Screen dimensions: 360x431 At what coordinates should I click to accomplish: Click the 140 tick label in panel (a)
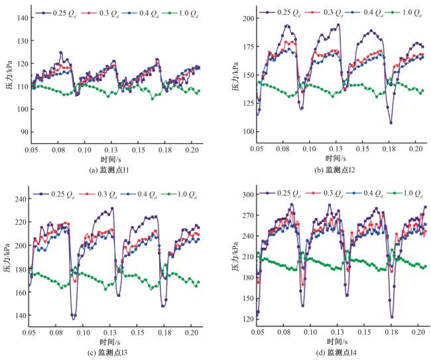click(21, 18)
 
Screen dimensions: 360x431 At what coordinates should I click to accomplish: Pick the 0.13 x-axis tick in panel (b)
click(336, 150)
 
